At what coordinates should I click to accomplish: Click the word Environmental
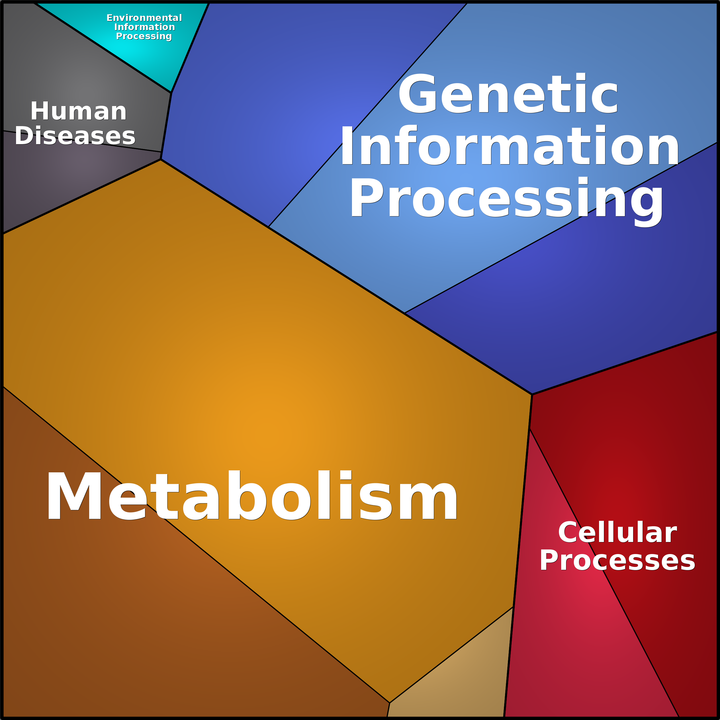[x=144, y=17]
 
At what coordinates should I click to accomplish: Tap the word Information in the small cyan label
[x=144, y=27]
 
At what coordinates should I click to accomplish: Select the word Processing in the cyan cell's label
[x=144, y=36]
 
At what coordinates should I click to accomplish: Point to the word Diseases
[x=75, y=135]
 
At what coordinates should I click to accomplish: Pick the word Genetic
[x=508, y=93]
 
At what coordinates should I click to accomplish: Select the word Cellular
[x=617, y=532]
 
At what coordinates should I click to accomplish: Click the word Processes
[x=617, y=560]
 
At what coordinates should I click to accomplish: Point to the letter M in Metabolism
[x=75, y=495]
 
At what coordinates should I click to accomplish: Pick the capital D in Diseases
[x=24, y=135]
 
